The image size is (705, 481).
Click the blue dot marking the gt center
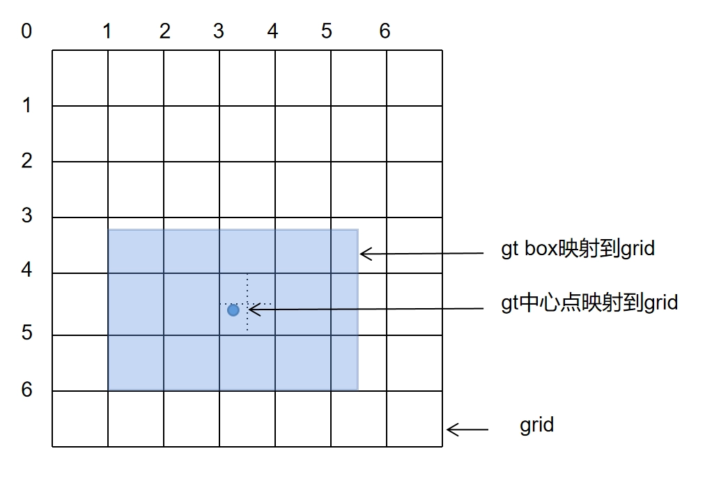click(x=233, y=310)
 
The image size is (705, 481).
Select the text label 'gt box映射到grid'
click(x=578, y=248)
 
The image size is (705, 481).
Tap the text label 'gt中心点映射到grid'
click(x=589, y=303)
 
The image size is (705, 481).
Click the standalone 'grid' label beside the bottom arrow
click(x=536, y=425)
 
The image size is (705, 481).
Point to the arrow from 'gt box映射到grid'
click(x=421, y=254)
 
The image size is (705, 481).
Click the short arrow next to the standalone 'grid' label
click(x=467, y=429)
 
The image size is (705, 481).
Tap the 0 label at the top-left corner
click(x=26, y=31)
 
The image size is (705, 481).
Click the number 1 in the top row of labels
click(x=107, y=31)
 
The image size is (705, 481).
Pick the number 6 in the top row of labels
click(x=385, y=31)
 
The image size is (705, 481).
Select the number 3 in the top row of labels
click(x=218, y=31)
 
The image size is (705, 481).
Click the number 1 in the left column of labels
click(x=26, y=106)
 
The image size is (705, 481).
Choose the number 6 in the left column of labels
click(x=26, y=389)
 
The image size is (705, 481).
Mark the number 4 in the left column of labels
click(x=26, y=269)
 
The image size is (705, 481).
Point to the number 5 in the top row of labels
click(x=327, y=31)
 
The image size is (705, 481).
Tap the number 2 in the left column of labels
click(x=26, y=161)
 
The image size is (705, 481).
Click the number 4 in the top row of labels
click(x=272, y=31)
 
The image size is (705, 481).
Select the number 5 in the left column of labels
click(x=26, y=333)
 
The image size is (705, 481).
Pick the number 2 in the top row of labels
click(x=164, y=31)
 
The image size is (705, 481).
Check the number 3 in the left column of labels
click(x=26, y=215)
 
